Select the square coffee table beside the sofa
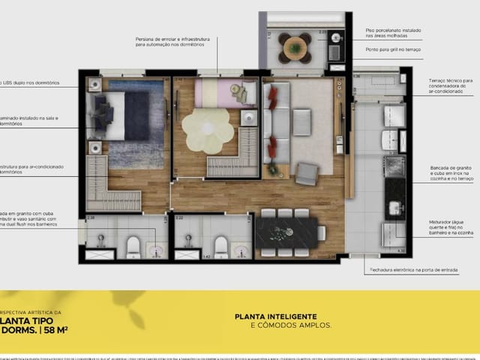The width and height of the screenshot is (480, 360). click(x=301, y=120)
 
